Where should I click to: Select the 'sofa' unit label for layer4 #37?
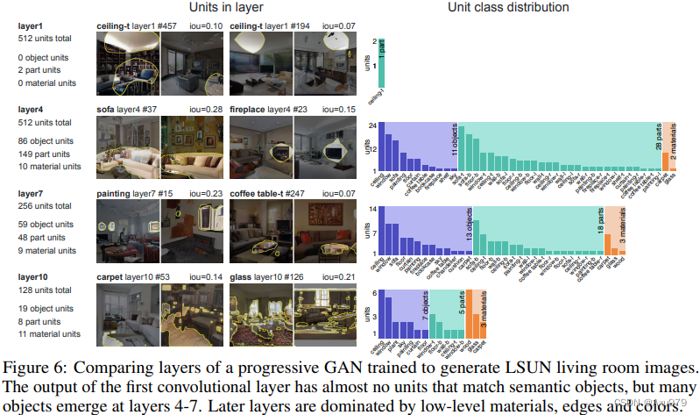pyautogui.click(x=106, y=109)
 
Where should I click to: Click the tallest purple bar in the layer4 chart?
pyautogui.click(x=384, y=147)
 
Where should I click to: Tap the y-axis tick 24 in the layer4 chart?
pyautogui.click(x=372, y=125)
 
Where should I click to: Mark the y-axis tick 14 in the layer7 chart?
pyautogui.click(x=372, y=209)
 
